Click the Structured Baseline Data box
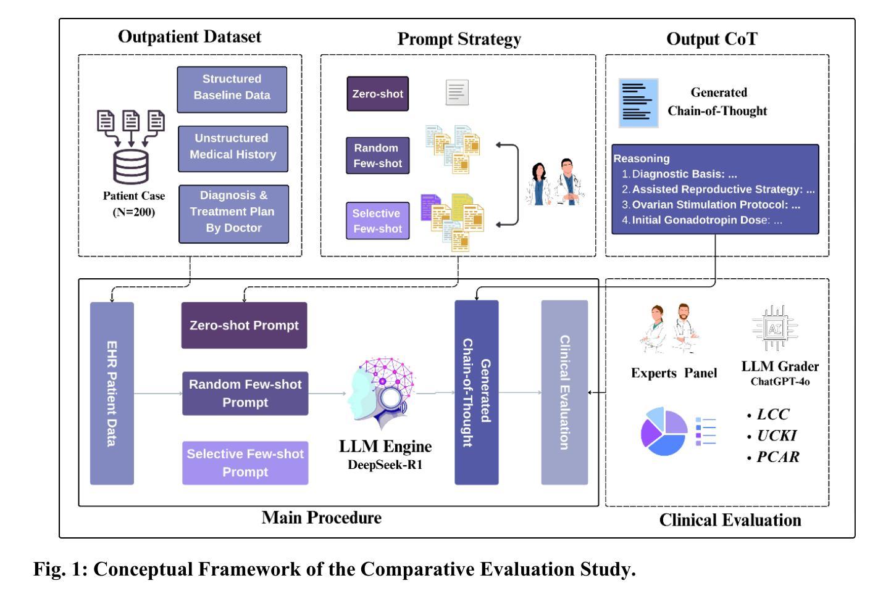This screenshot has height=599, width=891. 232,89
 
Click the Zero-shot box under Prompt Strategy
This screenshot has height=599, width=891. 377,94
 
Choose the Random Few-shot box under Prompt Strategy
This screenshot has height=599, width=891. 377,155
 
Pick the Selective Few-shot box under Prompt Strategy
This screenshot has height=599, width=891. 377,221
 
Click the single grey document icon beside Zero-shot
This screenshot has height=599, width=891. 457,93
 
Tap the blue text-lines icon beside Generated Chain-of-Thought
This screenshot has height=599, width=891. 638,102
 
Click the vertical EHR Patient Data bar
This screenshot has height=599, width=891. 112,393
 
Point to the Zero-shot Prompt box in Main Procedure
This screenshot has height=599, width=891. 244,325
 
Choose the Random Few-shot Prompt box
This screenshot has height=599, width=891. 245,393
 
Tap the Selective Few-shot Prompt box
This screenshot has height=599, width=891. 245,463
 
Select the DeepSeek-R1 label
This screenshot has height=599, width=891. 385,465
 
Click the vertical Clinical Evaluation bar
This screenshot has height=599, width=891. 564,392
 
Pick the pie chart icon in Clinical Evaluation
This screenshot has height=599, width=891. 664,431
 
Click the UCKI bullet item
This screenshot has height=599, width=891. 776,436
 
